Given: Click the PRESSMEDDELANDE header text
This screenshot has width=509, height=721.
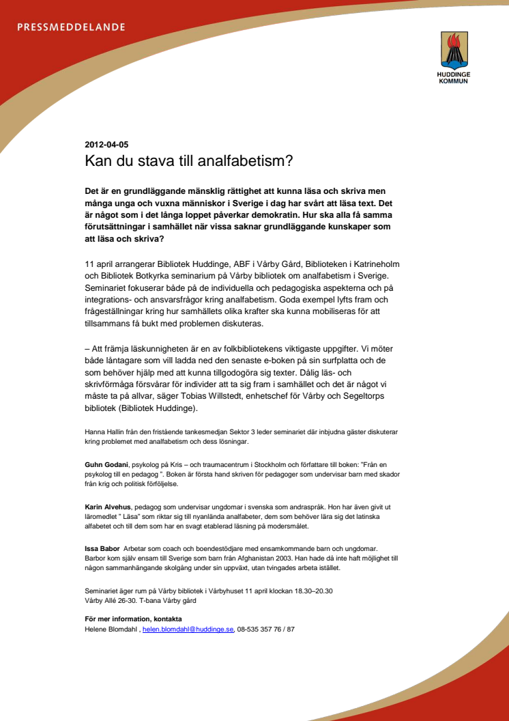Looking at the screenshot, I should [71, 27].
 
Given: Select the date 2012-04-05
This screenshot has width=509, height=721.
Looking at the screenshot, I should [106, 144].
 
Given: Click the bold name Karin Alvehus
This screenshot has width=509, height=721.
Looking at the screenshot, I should [108, 507].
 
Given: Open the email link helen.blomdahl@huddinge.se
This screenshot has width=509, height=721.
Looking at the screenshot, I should [188, 629].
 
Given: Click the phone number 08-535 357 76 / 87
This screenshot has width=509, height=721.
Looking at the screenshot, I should [266, 629].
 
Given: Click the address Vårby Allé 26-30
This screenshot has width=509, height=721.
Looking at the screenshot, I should [110, 601].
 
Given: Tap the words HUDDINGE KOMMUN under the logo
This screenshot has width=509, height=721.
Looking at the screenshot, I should [454, 77].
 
